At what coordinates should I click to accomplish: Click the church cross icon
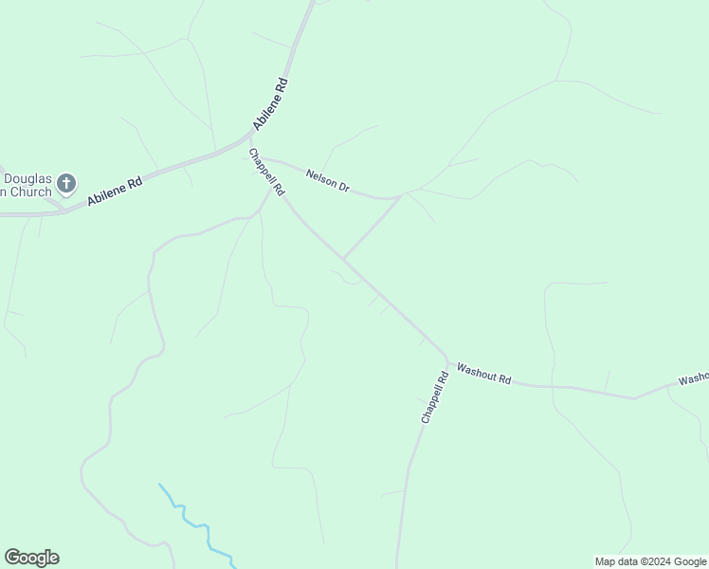[x=66, y=181]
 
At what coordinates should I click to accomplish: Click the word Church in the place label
[x=28, y=193]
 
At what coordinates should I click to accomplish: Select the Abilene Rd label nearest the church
[x=115, y=191]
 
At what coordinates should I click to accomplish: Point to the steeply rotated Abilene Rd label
[x=270, y=103]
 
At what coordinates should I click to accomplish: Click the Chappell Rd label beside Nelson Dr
[x=266, y=172]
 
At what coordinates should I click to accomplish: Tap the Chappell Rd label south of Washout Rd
[x=434, y=397]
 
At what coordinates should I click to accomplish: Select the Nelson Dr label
[x=328, y=180]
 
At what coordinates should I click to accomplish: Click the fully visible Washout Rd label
[x=483, y=374]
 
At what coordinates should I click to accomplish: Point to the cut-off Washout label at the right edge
[x=694, y=378]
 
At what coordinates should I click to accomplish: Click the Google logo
[x=31, y=558]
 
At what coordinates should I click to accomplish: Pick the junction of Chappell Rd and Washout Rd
[x=447, y=360]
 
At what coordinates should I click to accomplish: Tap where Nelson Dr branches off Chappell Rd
[x=261, y=158]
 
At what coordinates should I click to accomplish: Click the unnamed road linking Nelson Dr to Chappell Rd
[x=372, y=228]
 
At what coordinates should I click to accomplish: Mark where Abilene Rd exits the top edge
[x=312, y=4]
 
